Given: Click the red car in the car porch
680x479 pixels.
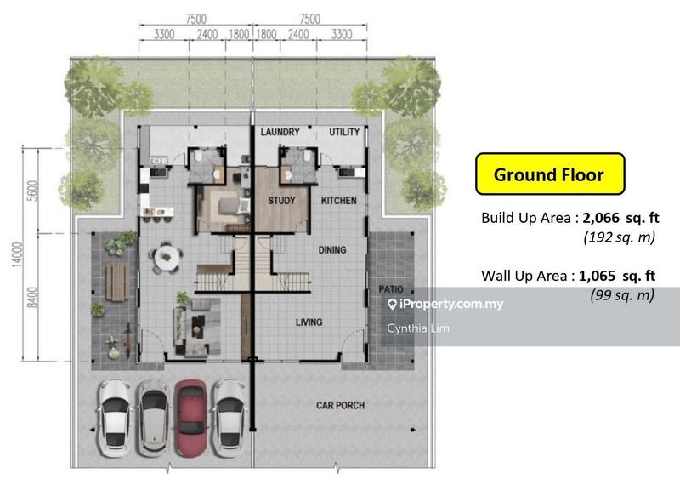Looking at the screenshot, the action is coord(190,418).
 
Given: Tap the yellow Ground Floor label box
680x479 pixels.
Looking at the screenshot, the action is coord(550,174).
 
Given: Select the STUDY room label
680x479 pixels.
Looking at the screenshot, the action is coord(281,201).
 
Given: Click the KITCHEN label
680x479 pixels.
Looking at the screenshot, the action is coord(338,201).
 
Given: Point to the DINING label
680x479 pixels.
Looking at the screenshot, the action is coord(332,249).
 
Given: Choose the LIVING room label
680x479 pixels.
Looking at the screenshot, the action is coord(309,322).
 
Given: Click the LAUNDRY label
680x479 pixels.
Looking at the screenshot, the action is coord(280,132).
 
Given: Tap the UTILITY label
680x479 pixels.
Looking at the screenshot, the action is coord(344,132).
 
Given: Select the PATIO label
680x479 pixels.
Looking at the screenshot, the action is coord(391,289).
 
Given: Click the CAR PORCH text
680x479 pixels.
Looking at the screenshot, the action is coord(341,405).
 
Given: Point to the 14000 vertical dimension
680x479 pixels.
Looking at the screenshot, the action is coord(17,255).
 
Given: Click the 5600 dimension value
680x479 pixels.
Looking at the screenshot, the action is coord(33,191).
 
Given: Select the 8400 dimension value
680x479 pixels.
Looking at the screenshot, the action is coord(33,298).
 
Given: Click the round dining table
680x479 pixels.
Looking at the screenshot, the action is coord(167,257).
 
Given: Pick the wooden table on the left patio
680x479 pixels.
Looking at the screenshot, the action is coord(117,282).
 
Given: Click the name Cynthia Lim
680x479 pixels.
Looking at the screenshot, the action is coord(418,328).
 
